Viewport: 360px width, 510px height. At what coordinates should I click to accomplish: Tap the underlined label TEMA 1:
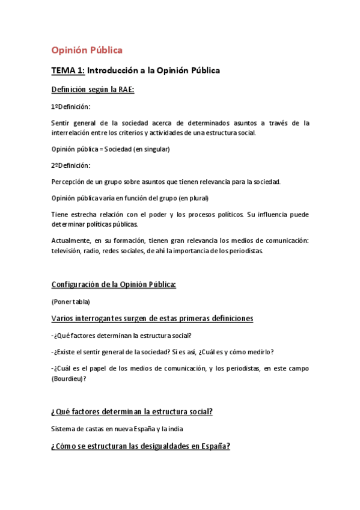point(67,70)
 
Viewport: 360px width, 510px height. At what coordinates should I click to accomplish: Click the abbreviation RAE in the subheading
point(124,90)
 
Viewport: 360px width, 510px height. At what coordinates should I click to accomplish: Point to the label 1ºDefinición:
point(70,106)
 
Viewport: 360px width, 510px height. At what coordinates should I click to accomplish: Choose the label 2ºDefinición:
point(70,165)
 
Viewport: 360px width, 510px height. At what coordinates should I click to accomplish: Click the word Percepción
point(68,181)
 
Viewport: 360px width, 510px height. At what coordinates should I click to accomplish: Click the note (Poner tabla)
point(71,301)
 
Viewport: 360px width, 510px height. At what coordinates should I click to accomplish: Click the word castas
point(96,429)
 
